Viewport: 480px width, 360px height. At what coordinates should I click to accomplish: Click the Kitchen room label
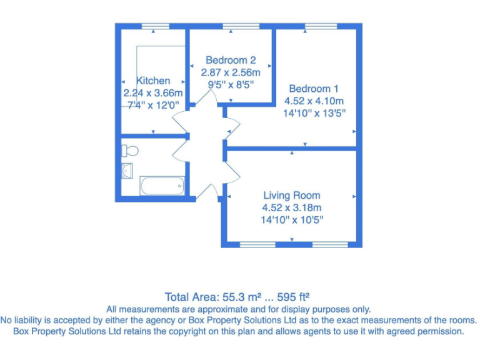[153, 81]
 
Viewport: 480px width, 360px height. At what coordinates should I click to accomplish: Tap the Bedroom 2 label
[231, 60]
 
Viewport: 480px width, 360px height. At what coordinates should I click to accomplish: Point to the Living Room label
[292, 195]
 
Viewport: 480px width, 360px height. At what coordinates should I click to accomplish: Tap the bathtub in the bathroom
[162, 186]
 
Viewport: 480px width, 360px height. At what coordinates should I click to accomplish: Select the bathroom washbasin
[127, 170]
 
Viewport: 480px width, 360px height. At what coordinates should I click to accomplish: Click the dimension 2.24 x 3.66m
[148, 93]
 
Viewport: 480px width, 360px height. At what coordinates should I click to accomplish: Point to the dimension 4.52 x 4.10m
[314, 100]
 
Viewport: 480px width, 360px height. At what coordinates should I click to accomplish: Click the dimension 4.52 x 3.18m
[292, 207]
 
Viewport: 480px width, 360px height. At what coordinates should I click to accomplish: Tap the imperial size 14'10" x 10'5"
[292, 220]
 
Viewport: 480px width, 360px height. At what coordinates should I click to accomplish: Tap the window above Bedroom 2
[232, 26]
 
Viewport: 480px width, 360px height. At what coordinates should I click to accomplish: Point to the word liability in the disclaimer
[34, 319]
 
